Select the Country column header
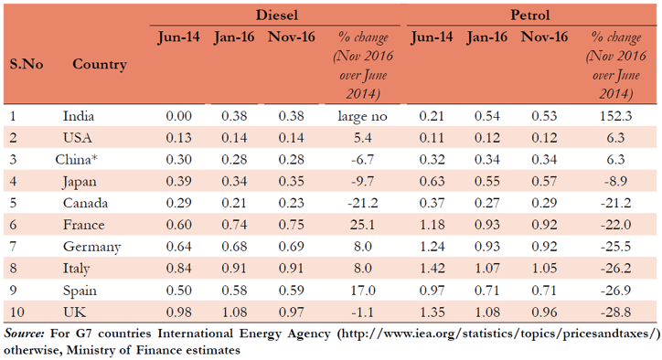click(99, 65)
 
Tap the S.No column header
click(27, 65)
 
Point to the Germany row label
click(91, 247)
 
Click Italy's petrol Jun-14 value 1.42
click(431, 269)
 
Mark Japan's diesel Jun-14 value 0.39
click(179, 181)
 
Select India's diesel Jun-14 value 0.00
click(179, 116)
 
